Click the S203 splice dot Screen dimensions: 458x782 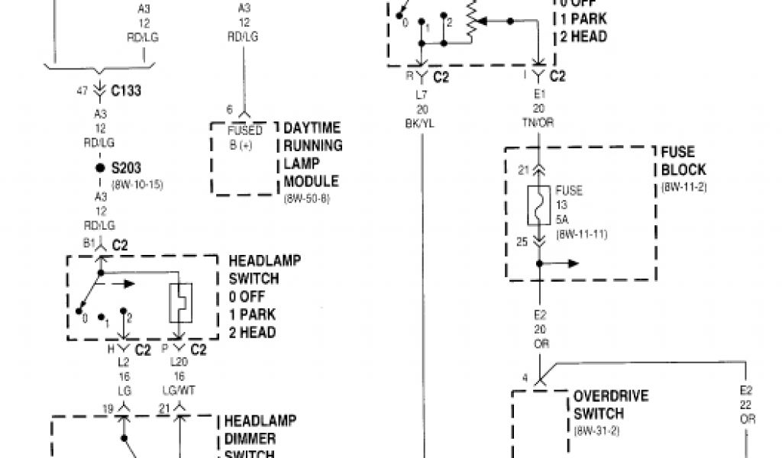click(x=99, y=167)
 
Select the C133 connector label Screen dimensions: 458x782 click(x=125, y=92)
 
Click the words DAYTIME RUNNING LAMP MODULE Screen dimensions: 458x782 click(x=312, y=155)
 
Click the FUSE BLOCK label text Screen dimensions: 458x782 click(x=683, y=160)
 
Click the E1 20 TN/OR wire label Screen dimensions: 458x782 click(x=540, y=110)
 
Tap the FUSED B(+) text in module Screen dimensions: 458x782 click(x=244, y=137)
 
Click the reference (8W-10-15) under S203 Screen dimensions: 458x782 click(x=137, y=184)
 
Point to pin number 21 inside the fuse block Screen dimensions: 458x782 click(x=522, y=169)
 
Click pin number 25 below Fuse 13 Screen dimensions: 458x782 click(x=522, y=243)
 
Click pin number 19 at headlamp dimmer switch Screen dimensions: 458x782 click(x=108, y=409)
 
